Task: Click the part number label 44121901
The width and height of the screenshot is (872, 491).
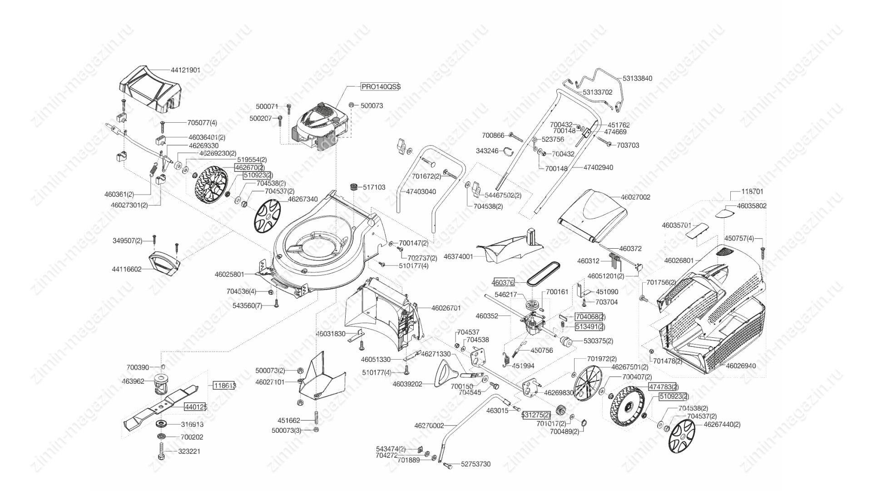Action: (x=185, y=70)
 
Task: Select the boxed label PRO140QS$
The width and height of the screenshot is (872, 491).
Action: (x=381, y=86)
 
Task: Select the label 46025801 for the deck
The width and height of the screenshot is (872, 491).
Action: (x=229, y=275)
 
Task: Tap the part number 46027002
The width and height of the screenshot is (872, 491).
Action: (x=635, y=197)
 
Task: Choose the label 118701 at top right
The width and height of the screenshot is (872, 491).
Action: (x=752, y=192)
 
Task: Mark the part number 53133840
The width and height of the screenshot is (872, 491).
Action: (x=637, y=78)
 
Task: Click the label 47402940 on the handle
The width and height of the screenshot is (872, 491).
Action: (x=598, y=167)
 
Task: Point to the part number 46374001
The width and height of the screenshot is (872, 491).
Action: (x=458, y=256)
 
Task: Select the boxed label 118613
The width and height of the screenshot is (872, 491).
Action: (x=224, y=386)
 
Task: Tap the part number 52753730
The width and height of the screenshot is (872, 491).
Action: (x=476, y=464)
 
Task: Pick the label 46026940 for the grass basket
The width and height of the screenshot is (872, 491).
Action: (x=741, y=366)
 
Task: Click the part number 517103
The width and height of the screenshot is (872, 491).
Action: (x=374, y=187)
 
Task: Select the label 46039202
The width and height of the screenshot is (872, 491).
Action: (x=407, y=384)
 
